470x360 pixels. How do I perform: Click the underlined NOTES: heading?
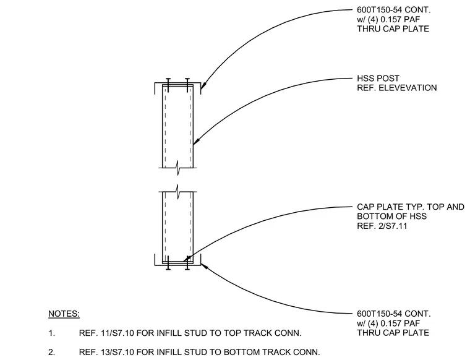tap(64, 314)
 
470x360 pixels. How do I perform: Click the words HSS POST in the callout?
tap(378, 79)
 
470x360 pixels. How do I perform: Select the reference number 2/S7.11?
tap(393, 226)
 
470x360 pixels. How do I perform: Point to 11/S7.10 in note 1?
tap(107, 333)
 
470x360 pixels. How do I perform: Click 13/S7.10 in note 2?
tap(107, 352)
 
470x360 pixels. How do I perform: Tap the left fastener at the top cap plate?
tap(168, 85)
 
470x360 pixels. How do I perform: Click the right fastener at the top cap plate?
tap(187, 85)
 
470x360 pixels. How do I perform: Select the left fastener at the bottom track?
tap(168, 263)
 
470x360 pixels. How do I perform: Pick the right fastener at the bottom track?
tap(187, 263)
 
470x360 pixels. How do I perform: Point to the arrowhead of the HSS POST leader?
tap(196, 142)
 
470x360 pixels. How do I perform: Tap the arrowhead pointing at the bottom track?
tap(204, 266)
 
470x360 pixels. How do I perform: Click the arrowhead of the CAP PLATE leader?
tap(187, 259)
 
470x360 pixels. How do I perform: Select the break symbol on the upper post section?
tap(178, 168)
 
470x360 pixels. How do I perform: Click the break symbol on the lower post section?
tap(178, 192)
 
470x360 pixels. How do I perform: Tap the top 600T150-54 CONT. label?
tap(393, 10)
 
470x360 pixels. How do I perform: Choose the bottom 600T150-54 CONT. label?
tap(393, 314)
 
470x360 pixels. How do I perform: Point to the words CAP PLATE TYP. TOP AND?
tap(411, 207)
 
